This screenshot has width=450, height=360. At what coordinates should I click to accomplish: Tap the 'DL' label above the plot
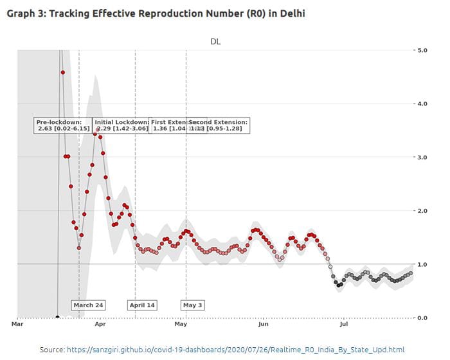click(x=216, y=41)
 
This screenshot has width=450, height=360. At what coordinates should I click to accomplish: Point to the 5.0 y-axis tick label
click(x=424, y=50)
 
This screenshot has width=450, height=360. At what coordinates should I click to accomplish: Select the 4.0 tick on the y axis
click(x=424, y=104)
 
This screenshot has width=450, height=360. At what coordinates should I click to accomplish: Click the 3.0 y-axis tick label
click(x=424, y=157)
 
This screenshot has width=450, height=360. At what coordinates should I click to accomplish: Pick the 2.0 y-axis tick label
click(x=424, y=211)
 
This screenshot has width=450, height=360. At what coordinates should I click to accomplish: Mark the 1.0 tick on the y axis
click(x=424, y=264)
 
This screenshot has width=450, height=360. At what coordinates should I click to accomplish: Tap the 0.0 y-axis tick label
click(x=424, y=318)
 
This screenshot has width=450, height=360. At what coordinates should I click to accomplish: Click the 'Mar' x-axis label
click(x=18, y=325)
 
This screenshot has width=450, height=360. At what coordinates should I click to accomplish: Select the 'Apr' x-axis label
click(x=100, y=325)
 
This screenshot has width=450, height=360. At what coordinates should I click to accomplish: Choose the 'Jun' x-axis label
click(x=264, y=325)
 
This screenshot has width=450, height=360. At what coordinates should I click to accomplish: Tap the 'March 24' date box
click(x=88, y=305)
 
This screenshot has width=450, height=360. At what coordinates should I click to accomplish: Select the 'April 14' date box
click(x=142, y=305)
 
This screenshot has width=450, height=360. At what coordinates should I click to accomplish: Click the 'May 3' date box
click(x=192, y=305)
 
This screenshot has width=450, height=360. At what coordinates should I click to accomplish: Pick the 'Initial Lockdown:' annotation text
click(x=122, y=122)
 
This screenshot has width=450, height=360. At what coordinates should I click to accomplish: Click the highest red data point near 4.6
click(x=62, y=73)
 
